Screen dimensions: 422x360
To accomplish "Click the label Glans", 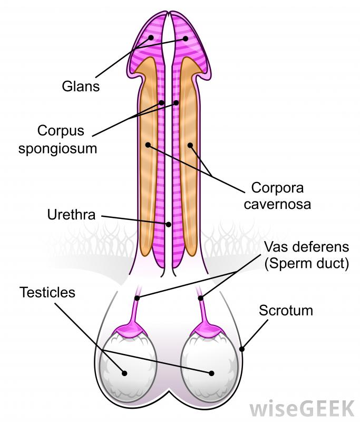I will point(80,85).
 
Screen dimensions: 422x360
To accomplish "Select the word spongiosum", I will point(58,148).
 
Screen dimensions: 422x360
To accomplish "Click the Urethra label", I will point(71,215).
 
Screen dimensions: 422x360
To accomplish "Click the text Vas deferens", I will point(306,247).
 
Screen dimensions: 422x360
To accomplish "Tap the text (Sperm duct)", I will point(306,264).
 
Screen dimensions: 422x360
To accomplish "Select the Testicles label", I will point(48,291).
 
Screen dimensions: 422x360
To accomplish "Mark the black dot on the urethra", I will point(169,224).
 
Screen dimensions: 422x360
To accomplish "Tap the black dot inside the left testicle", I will point(125,373).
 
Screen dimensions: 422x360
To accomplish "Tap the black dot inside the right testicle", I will point(211,373).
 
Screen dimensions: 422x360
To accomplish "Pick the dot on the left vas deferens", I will point(137,298).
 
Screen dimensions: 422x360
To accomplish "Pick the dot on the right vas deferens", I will point(201,298).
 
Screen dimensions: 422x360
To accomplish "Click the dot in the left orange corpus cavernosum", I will point(148,144).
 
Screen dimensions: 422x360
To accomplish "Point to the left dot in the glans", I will point(151,38).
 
